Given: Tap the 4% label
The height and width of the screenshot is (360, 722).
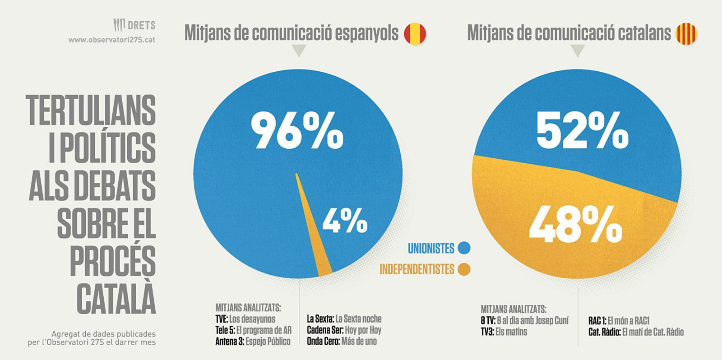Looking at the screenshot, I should [345, 221].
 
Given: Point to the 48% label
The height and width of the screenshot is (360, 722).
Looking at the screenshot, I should [575, 224].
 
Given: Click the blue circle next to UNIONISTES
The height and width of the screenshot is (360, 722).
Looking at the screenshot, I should [464, 248].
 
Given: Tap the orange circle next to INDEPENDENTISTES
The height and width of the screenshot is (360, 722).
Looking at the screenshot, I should [464, 269].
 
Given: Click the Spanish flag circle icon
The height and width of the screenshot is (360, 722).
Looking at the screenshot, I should [415, 33].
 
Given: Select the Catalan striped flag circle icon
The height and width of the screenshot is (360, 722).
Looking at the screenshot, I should [686, 33].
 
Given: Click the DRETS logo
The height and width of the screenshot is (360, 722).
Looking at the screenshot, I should [134, 25].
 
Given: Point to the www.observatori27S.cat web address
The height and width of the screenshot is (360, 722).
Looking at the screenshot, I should [111, 40].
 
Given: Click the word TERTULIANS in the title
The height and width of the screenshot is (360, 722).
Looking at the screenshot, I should [91, 111].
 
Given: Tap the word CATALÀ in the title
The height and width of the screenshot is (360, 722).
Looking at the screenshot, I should [116, 298].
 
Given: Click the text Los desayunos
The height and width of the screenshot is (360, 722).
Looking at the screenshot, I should [252, 319].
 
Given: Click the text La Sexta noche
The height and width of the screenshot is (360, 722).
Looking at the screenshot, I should [358, 319].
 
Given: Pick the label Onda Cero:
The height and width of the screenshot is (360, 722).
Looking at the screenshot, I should [323, 342].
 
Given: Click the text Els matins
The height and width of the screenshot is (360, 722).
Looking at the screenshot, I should [511, 332].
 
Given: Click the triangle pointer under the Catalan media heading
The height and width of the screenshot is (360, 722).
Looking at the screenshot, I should [578, 51].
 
